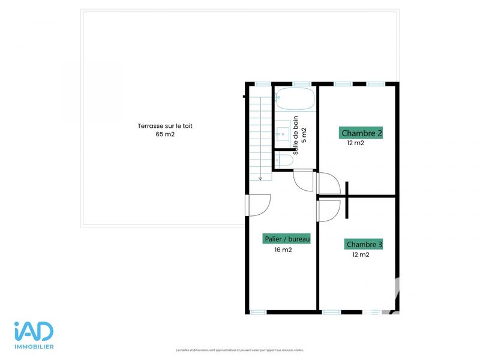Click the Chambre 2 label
tap(361, 133)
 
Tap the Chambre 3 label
tap(364, 245)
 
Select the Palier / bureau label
tap(287, 239)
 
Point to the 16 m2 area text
tap(283, 250)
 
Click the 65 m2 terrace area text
tap(165, 134)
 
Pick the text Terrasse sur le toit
tap(165, 126)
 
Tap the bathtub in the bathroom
tap(295, 99)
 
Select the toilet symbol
tap(284, 160)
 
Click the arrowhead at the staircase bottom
tap(260, 177)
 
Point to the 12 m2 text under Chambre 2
tap(355, 143)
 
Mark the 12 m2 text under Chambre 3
tap(361, 254)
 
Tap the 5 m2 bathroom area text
tap(304, 134)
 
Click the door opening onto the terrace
tap(258, 206)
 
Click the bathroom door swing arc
tap(304, 181)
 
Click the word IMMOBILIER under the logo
tap(34, 347)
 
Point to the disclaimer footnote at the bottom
tap(240, 350)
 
